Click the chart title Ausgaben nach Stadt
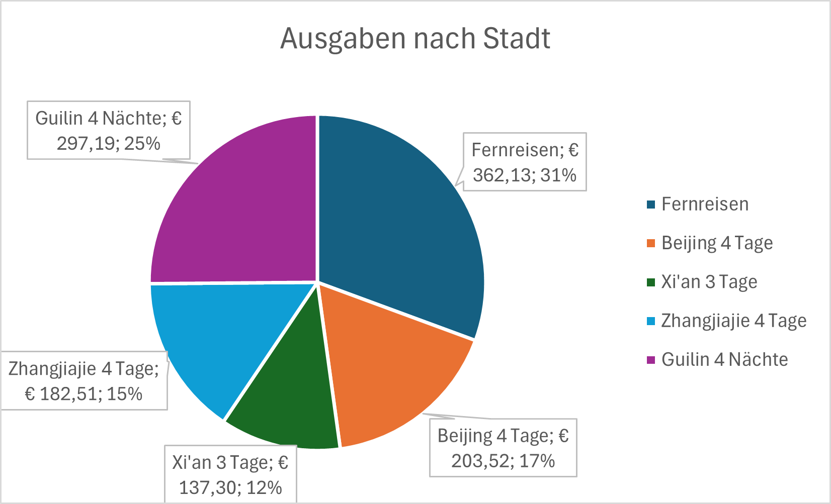click(x=415, y=38)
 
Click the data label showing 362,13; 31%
click(x=525, y=162)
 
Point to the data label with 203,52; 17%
click(x=503, y=448)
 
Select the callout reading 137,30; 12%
click(x=230, y=474)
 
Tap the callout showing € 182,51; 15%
click(x=84, y=381)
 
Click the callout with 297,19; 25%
click(x=109, y=131)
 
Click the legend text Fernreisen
click(x=705, y=205)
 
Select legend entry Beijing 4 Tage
click(x=717, y=243)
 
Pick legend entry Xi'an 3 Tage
click(x=709, y=282)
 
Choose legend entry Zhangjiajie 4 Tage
click(x=733, y=321)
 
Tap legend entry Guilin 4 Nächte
click(x=724, y=359)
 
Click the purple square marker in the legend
click(x=651, y=360)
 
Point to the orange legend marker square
click(x=651, y=244)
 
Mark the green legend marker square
click(x=651, y=282)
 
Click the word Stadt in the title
click(x=517, y=38)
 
